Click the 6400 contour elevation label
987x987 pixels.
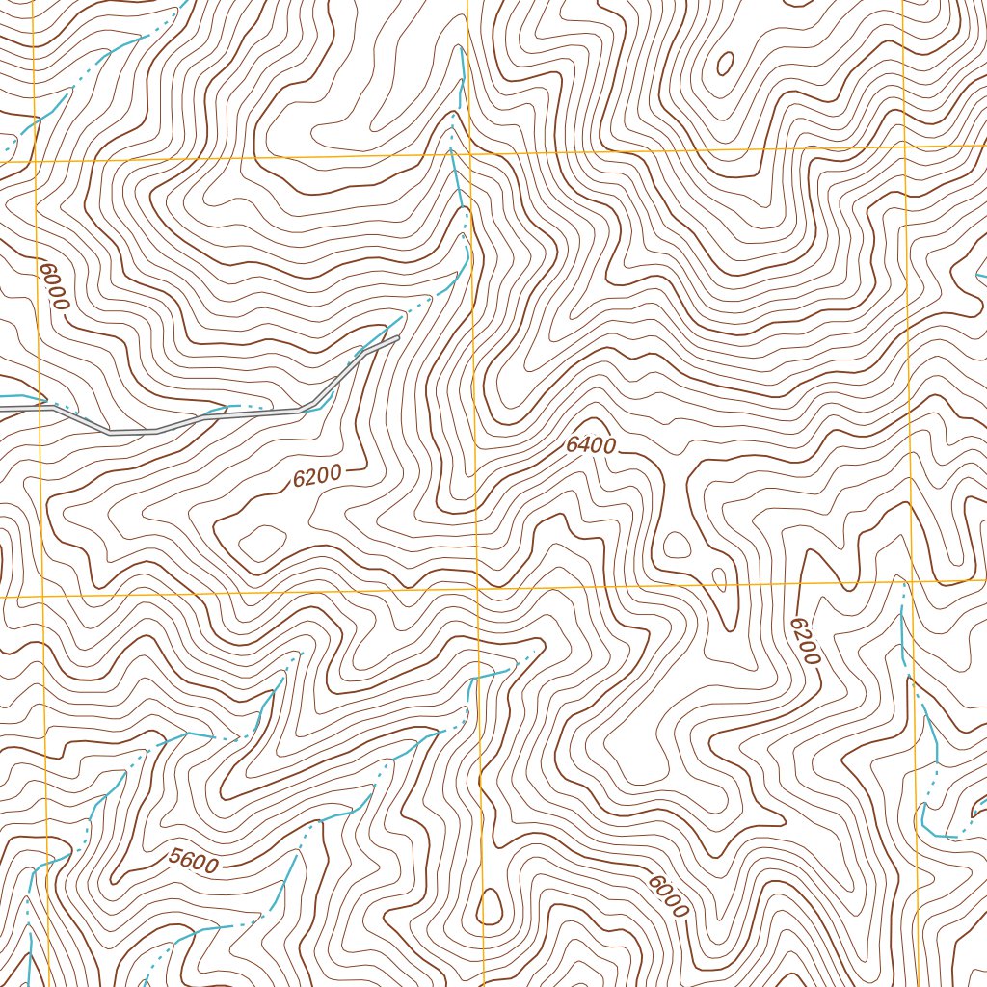click(x=591, y=445)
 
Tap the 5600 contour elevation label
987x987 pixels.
click(x=193, y=861)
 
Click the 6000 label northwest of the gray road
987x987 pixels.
click(x=55, y=283)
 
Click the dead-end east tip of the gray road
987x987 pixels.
click(x=396, y=338)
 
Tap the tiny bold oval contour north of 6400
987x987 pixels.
click(x=725, y=64)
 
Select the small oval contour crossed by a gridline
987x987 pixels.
click(x=719, y=578)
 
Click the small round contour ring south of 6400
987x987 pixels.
click(x=678, y=546)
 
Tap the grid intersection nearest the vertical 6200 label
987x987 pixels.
click(x=910, y=581)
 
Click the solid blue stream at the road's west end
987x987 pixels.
click(x=19, y=396)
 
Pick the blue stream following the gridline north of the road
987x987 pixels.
click(x=461, y=173)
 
